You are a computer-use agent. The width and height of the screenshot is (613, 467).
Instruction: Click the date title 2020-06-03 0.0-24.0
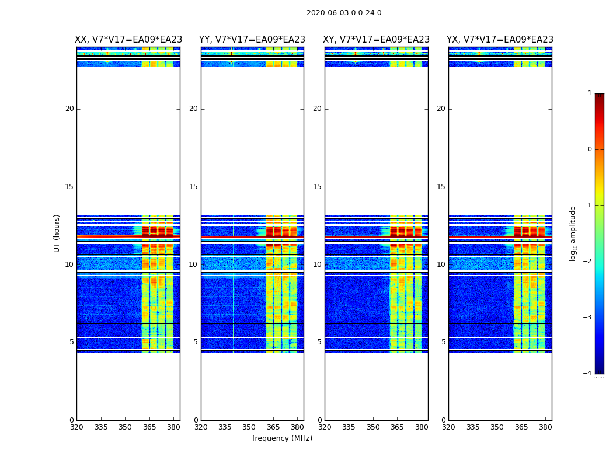[344, 13]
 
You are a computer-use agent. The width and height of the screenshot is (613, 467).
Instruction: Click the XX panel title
[128, 40]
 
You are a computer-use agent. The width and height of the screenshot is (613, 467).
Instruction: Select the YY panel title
[252, 40]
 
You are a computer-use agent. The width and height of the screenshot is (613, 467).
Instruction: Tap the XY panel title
[376, 40]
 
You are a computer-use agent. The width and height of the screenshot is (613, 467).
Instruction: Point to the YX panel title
[500, 40]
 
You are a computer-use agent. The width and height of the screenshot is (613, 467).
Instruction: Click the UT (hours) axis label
[57, 233]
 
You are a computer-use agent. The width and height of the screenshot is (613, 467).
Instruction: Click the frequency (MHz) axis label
[282, 438]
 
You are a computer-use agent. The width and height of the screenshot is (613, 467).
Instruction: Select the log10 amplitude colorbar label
[573, 233]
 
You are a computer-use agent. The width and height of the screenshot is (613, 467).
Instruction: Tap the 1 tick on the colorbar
[590, 93]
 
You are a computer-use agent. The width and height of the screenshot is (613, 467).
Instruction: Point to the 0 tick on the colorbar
[590, 149]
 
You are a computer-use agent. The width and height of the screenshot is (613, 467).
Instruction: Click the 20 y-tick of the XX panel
[69, 109]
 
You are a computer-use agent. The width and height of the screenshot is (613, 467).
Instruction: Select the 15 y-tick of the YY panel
[193, 187]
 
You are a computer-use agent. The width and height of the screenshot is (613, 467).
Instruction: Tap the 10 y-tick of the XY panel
[317, 264]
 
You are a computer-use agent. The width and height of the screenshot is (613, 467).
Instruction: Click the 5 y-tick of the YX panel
[443, 342]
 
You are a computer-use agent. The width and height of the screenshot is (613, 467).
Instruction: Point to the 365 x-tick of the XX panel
[149, 427]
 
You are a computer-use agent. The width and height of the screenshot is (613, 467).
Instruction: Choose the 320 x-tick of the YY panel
[201, 427]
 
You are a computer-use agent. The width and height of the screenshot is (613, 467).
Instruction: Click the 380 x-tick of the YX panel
[545, 427]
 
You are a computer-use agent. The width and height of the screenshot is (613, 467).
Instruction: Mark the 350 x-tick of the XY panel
[373, 427]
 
